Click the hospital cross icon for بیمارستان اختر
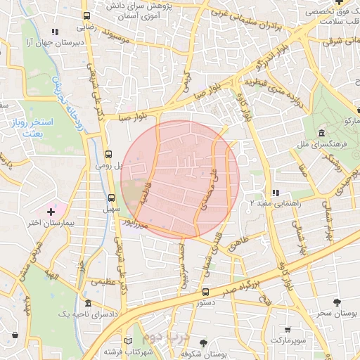click(51, 212)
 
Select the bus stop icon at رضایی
click(86, 16)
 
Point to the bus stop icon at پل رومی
click(108, 154)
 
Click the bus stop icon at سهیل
click(112, 198)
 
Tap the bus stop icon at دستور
click(205, 292)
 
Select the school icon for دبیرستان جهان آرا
click(55, 32)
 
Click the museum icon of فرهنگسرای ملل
click(321, 134)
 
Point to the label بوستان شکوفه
click(221, 354)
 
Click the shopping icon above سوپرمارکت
click(288, 329)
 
